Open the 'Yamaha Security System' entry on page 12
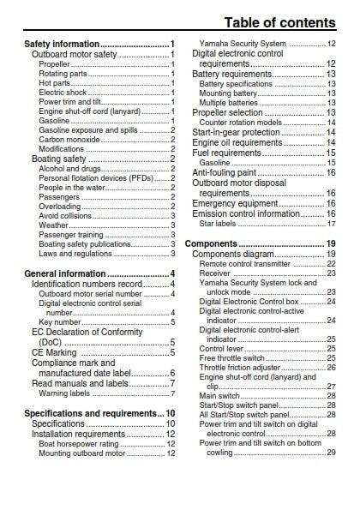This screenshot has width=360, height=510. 243,44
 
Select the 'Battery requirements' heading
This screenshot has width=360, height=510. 234,75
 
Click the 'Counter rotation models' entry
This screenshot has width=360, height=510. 240,123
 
